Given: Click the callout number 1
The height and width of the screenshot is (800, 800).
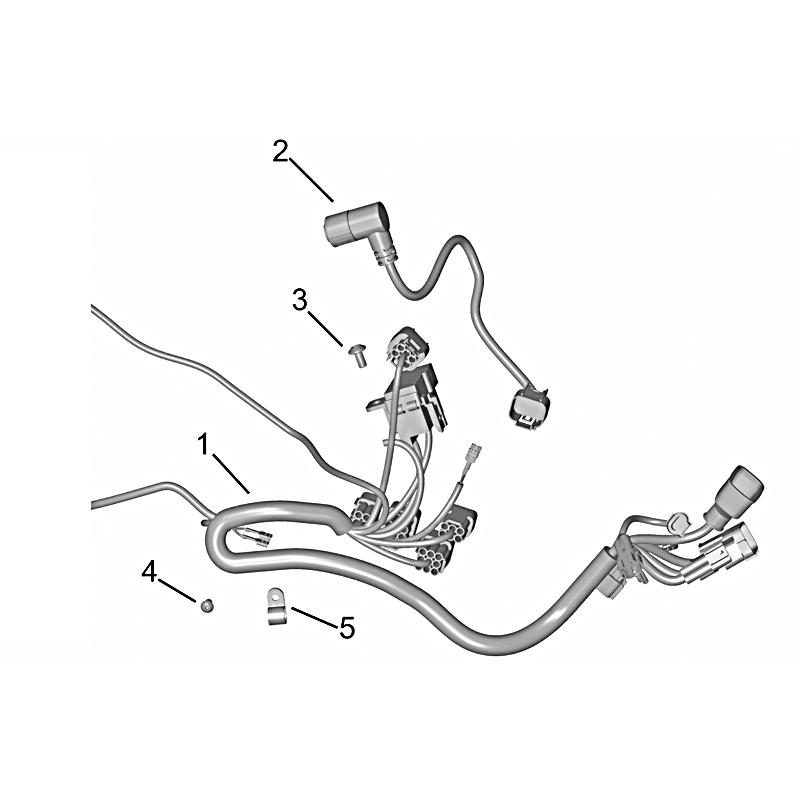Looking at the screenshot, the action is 204,444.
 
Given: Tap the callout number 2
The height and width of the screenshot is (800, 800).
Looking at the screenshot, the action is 280,152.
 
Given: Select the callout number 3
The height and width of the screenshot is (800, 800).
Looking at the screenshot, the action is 300,300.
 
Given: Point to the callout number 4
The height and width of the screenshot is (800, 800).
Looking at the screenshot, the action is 149,572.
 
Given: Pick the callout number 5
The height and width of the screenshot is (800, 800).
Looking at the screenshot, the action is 347,628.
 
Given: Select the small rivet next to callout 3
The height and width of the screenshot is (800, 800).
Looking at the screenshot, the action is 358,355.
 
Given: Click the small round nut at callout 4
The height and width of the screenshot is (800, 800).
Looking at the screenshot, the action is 207,606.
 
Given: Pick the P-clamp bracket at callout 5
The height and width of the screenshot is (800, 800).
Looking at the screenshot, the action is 277,606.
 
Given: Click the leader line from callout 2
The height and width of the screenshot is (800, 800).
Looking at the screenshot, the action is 312,179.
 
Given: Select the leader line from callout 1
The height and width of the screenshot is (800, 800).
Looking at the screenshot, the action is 231,474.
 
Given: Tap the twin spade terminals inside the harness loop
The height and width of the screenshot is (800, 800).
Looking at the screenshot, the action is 253,537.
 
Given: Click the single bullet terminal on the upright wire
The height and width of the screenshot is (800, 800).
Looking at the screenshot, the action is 474,454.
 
